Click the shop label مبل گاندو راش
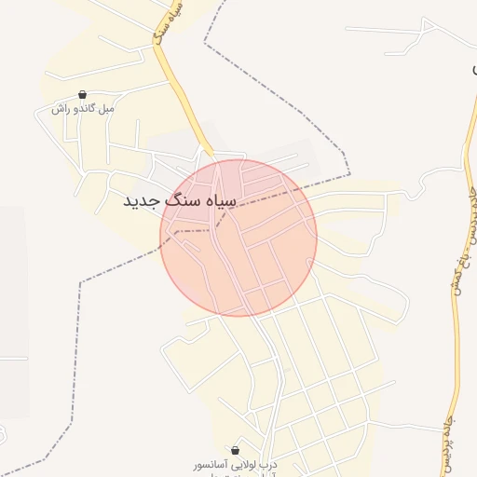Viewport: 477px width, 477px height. click(83, 109)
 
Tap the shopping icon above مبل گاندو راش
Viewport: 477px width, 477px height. click(83, 95)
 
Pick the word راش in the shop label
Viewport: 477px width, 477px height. click(60, 109)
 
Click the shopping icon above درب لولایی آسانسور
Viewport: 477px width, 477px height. click(235, 449)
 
